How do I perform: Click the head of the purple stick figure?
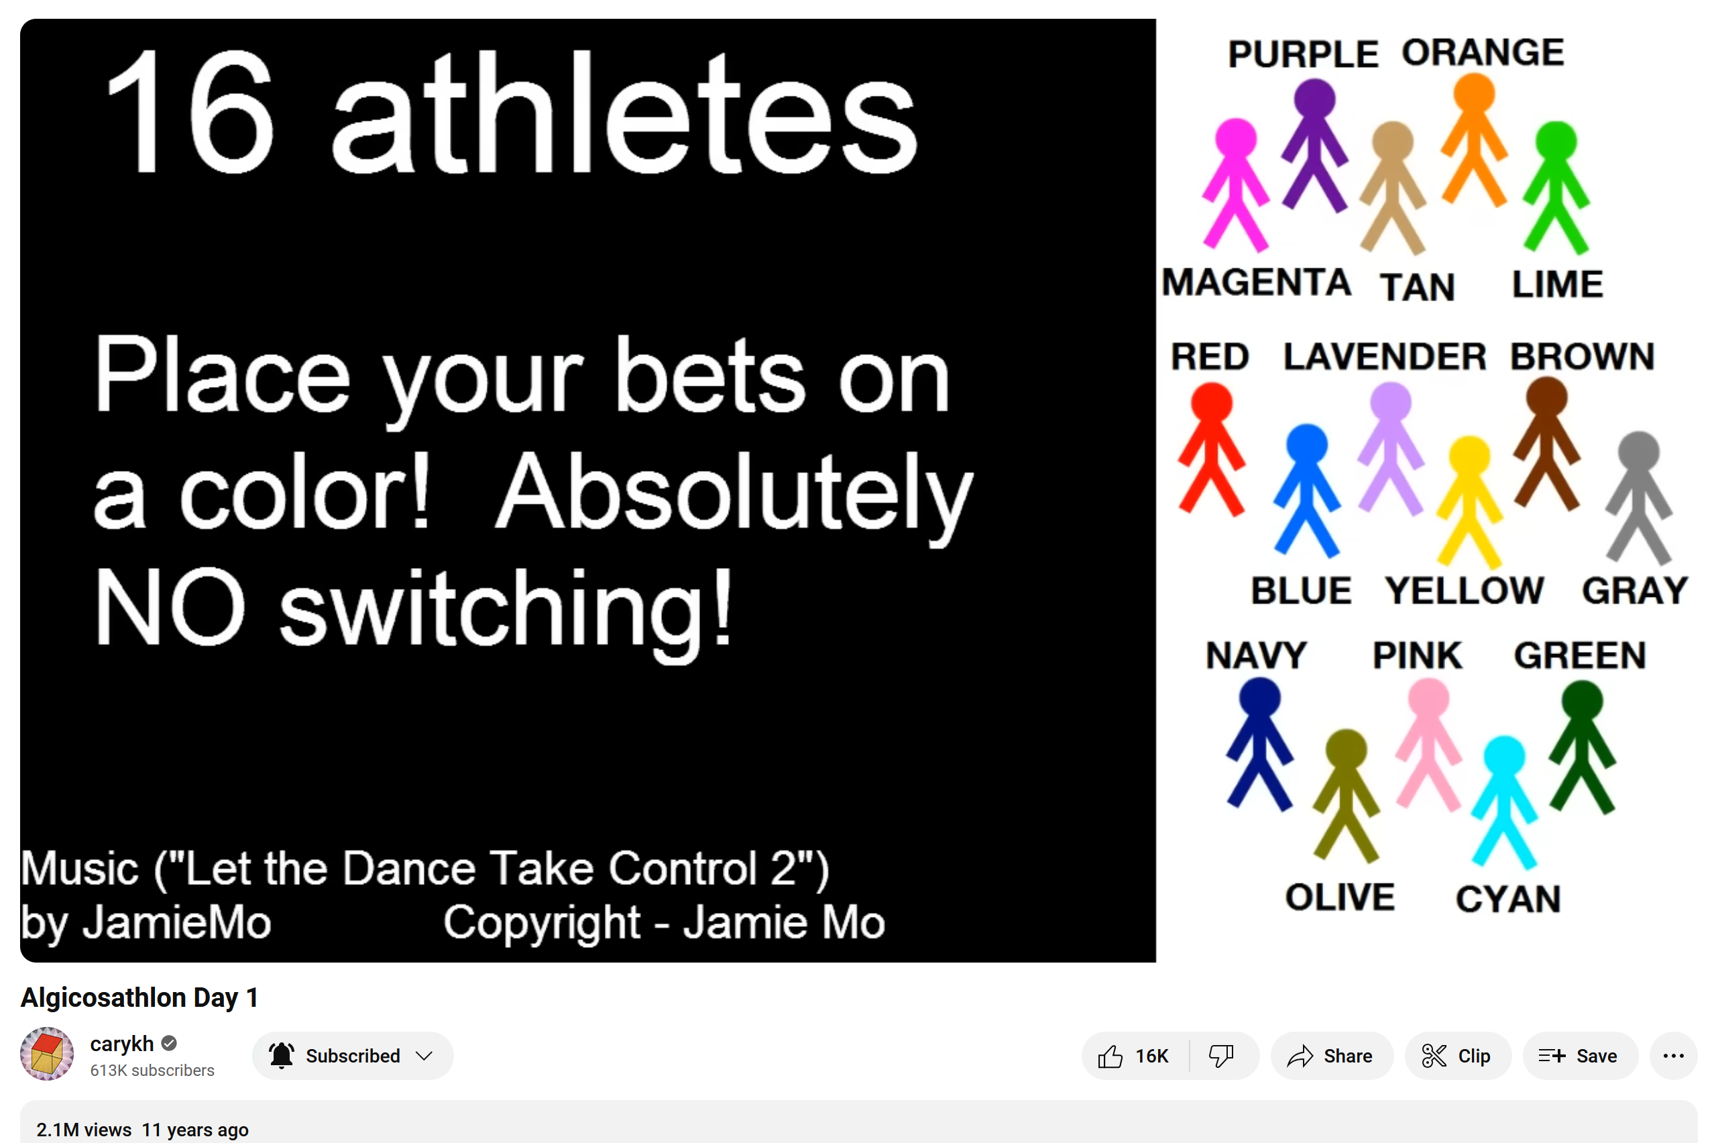(x=1314, y=99)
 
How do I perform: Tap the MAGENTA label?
(x=1257, y=282)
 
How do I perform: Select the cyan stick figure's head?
(x=1504, y=756)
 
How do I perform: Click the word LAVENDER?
(x=1385, y=356)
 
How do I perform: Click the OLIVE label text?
(x=1339, y=897)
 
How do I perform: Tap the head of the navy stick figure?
(x=1260, y=698)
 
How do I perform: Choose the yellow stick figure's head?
(x=1469, y=457)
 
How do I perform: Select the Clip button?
(x=1457, y=1056)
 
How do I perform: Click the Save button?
(x=1580, y=1056)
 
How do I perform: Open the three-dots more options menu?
(x=1673, y=1056)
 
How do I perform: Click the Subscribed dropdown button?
(x=353, y=1056)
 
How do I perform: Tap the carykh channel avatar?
(x=47, y=1054)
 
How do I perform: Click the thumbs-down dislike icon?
(x=1221, y=1056)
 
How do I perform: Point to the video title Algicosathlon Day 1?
(x=139, y=997)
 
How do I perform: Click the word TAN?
(x=1417, y=286)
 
